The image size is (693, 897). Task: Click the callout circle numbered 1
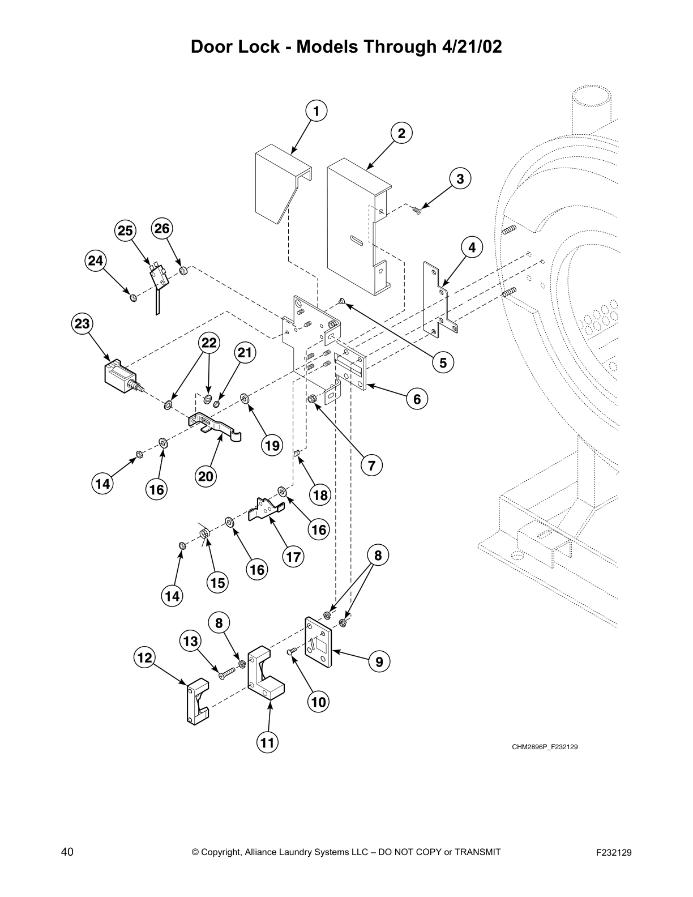[316, 112]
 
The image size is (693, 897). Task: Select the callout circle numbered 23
[82, 324]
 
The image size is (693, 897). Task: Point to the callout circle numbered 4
[472, 247]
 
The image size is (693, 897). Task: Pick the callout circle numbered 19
[272, 446]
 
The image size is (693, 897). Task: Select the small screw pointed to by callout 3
[417, 211]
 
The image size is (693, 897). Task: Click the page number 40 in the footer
[67, 852]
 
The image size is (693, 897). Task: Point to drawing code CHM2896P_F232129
[545, 747]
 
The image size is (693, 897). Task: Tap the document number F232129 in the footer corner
[613, 852]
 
